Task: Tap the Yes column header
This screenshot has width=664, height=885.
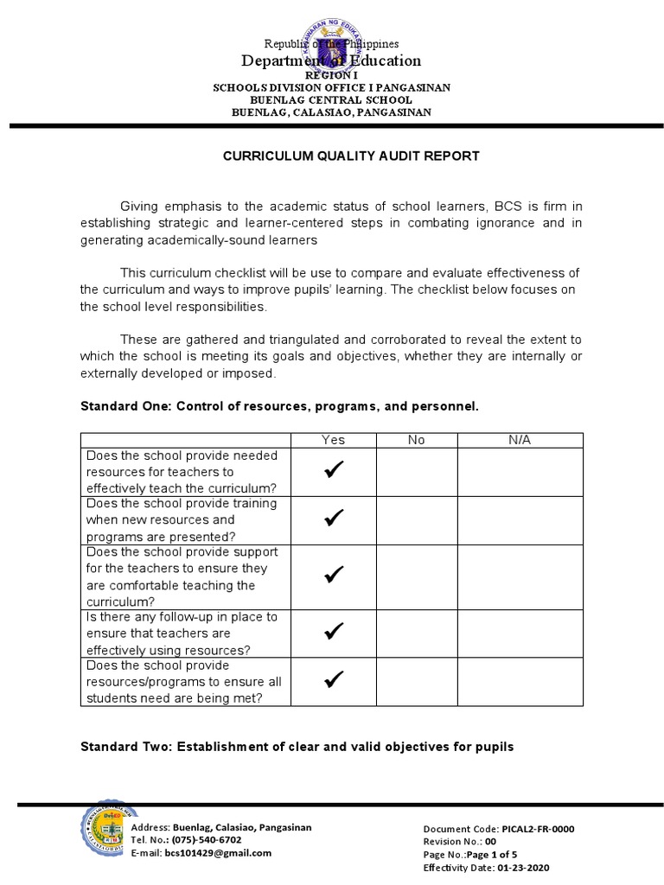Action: pos(333,440)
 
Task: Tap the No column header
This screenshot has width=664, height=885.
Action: pos(416,440)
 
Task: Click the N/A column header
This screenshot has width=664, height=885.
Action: pos(520,440)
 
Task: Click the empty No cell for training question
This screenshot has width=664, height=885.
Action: pos(416,519)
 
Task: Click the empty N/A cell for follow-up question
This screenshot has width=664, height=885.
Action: pos(520,633)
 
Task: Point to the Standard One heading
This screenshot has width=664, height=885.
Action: pos(278,404)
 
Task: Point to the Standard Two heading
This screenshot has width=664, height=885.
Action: pos(297,746)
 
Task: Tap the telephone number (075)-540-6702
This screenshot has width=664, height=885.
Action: pos(206,839)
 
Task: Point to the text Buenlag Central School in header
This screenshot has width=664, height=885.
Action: pos(331,100)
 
